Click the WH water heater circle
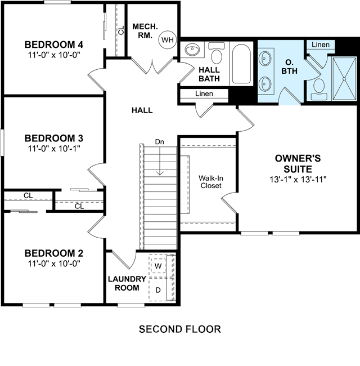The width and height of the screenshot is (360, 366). [168, 39]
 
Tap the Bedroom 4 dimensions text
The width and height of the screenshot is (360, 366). [54, 55]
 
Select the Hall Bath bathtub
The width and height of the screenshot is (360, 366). [241, 64]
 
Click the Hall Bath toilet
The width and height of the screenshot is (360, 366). [217, 53]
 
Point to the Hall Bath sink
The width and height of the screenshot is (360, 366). [192, 50]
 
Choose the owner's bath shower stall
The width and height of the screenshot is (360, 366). [344, 79]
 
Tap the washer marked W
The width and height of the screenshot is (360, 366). [158, 266]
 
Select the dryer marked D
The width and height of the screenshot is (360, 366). [158, 290]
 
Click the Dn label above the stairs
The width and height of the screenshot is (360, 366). [160, 142]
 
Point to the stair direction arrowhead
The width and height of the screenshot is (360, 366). [160, 173]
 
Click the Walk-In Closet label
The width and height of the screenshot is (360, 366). [211, 182]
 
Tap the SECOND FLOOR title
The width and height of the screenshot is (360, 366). [180, 329]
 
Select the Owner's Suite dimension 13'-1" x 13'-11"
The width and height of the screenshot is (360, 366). [298, 180]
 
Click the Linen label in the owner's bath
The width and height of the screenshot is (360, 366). [321, 44]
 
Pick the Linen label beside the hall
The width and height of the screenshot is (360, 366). [204, 93]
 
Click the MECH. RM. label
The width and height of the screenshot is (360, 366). [145, 31]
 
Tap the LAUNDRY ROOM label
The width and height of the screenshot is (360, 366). [127, 283]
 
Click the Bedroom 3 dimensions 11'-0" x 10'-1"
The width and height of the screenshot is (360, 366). [54, 149]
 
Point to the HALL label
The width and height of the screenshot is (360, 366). [142, 110]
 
